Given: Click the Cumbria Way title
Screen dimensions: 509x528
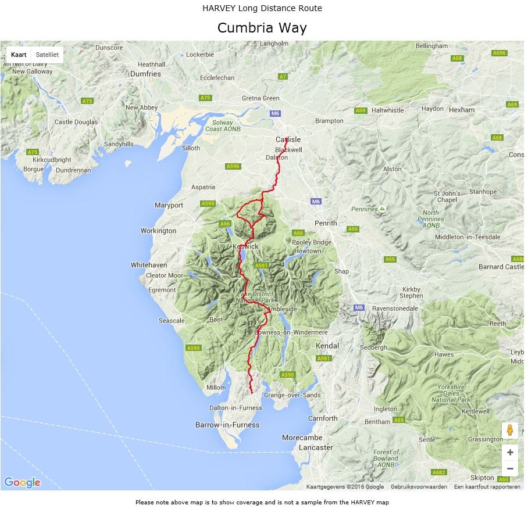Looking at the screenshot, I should pyautogui.click(x=262, y=28).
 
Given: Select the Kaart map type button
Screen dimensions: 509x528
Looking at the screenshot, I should pyautogui.click(x=19, y=55).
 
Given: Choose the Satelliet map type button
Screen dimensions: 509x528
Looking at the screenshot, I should pyautogui.click(x=47, y=55).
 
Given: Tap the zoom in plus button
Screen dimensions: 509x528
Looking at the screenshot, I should pyautogui.click(x=510, y=453).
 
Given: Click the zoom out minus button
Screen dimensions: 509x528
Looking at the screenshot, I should pyautogui.click(x=510, y=468).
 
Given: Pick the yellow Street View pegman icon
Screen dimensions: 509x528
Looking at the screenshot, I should pyautogui.click(x=510, y=431).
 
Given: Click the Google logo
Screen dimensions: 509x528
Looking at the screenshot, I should pyautogui.click(x=22, y=482).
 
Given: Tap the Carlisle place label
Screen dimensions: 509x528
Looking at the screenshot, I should pyautogui.click(x=288, y=139).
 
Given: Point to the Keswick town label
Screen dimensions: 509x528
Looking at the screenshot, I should pyautogui.click(x=245, y=246).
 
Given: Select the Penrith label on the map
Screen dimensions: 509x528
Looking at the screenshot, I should pyautogui.click(x=326, y=223).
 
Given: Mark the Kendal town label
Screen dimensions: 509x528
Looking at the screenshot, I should pyautogui.click(x=327, y=346).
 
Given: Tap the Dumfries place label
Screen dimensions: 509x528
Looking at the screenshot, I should pyautogui.click(x=145, y=74).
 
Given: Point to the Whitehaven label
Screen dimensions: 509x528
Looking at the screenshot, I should pyautogui.click(x=149, y=265).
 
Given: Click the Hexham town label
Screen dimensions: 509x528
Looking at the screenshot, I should pyautogui.click(x=462, y=109).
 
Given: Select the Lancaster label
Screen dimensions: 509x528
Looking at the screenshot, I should pyautogui.click(x=316, y=447).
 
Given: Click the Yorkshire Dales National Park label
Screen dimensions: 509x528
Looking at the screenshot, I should pyautogui.click(x=451, y=393).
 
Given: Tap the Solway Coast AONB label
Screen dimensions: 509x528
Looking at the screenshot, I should pyautogui.click(x=222, y=126).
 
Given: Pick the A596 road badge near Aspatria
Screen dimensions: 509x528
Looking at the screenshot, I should pyautogui.click(x=233, y=166).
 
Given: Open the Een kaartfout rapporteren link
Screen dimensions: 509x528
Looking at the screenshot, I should pyautogui.click(x=487, y=487).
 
